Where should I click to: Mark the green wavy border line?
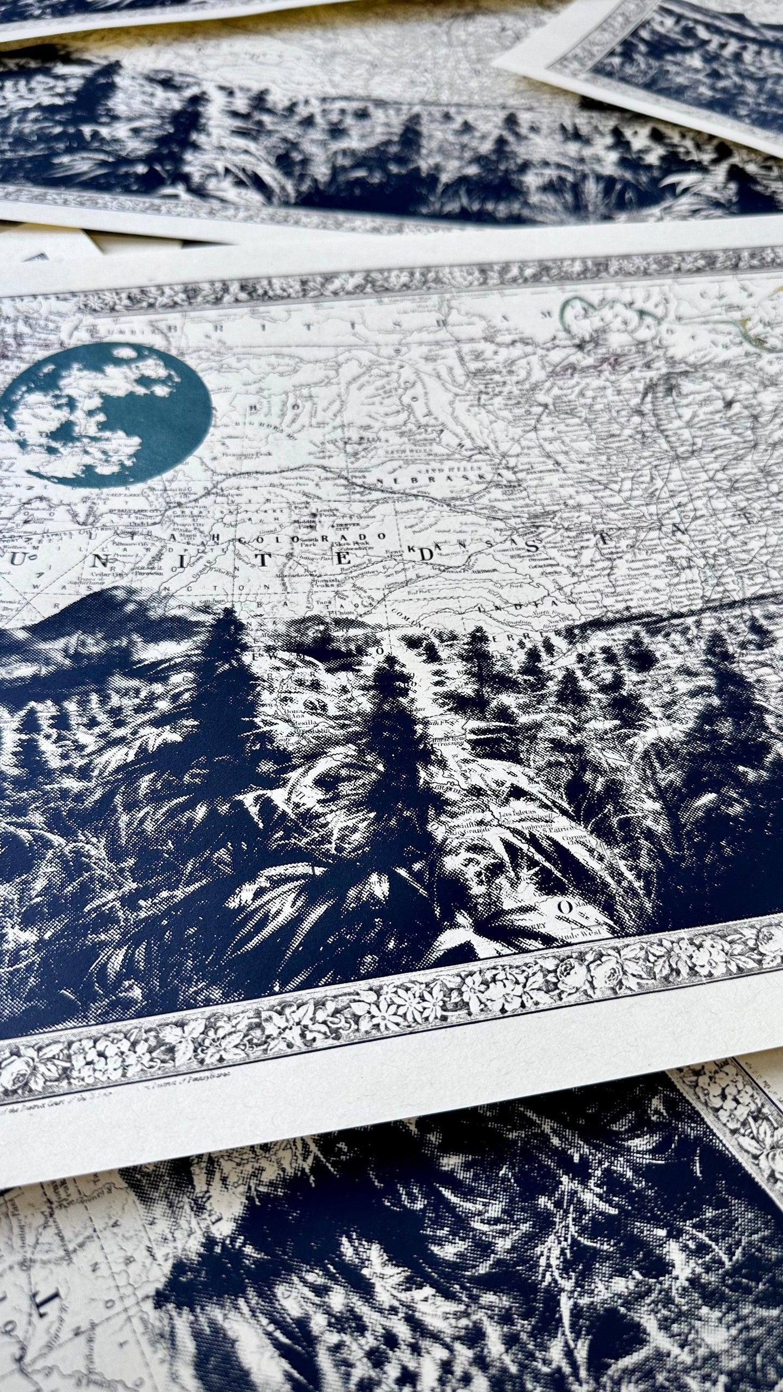[596, 312]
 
